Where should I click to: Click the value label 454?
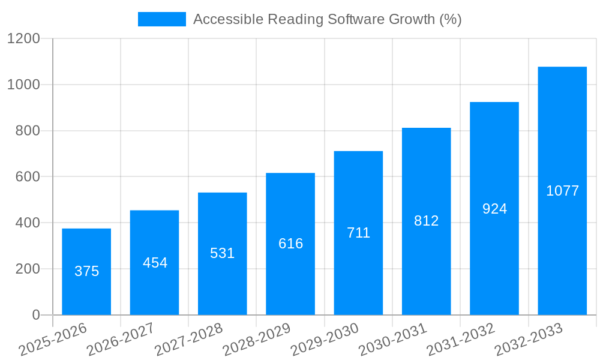click(155, 263)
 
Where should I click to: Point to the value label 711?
click(358, 233)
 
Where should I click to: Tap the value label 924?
click(494, 209)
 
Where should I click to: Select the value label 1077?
click(562, 191)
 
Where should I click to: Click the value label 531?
click(223, 253)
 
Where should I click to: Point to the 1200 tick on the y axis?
click(23, 39)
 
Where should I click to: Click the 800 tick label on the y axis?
click(27, 131)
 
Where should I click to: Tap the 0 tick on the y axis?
click(36, 315)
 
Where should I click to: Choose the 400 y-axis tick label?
click(27, 223)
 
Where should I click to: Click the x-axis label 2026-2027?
click(121, 339)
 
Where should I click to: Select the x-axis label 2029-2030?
click(325, 339)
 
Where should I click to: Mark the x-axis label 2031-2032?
click(461, 339)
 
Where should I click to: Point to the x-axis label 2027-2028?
click(188, 339)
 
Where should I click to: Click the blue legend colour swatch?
click(162, 19)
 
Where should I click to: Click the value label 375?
click(86, 271)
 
